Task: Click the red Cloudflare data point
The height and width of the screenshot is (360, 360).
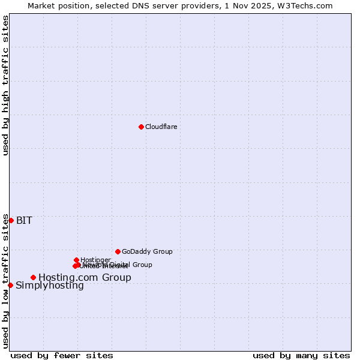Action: point(141,127)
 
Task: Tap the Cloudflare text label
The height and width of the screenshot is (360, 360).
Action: point(161,127)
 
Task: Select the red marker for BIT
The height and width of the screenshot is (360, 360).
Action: point(11,220)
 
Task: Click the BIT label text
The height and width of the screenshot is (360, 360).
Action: point(24,220)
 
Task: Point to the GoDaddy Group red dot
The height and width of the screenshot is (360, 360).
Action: point(118,251)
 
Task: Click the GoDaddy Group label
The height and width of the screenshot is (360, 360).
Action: point(147,251)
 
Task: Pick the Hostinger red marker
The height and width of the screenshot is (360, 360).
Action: point(76,260)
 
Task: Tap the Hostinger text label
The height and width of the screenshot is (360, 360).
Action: point(95,260)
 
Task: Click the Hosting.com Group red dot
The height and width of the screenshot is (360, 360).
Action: point(33,277)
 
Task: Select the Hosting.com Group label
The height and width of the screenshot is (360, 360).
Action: point(85,277)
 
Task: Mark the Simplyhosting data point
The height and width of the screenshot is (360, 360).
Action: point(10,285)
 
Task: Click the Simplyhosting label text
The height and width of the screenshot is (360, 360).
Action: point(50,286)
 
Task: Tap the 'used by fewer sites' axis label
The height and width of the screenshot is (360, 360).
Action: point(62,355)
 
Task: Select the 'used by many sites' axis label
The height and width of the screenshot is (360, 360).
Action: point(301,355)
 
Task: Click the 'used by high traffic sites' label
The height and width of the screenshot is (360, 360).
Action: point(5,85)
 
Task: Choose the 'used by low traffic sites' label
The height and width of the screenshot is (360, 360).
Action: point(5,281)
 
